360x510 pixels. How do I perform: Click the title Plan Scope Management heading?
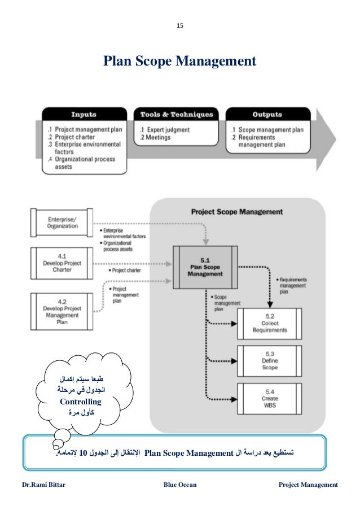pyautogui.click(x=179, y=60)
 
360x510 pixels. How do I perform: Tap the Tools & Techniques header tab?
pyautogui.click(x=177, y=115)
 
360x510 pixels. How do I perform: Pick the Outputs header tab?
pyautogui.click(x=267, y=115)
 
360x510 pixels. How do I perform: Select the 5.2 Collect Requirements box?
pyautogui.click(x=269, y=324)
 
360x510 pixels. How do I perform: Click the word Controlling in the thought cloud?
pyautogui.click(x=80, y=402)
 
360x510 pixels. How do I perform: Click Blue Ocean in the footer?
pyautogui.click(x=180, y=485)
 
